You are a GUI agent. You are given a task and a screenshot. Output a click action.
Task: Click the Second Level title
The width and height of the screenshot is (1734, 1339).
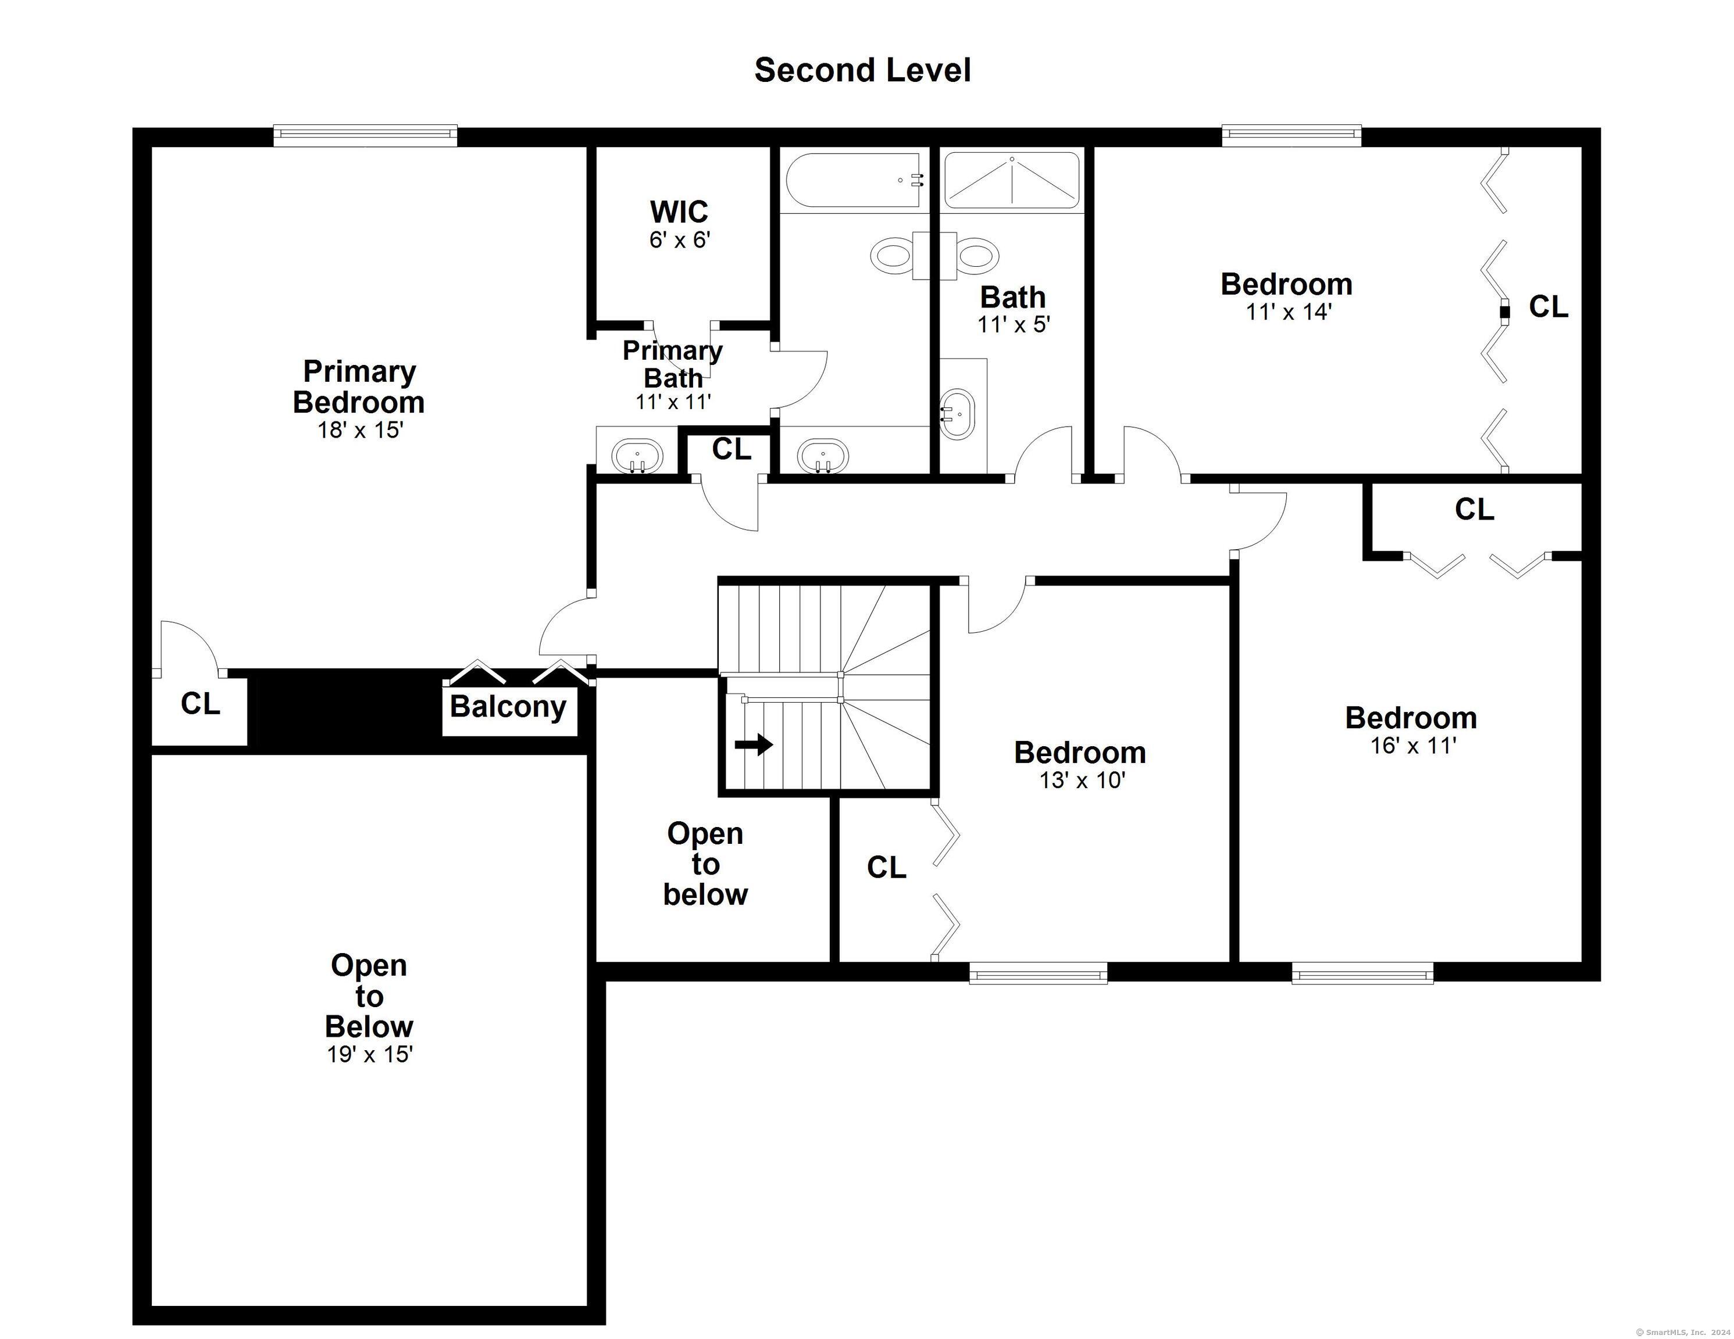click(x=862, y=70)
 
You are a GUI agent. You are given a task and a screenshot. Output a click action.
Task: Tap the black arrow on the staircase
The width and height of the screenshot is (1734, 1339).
click(x=754, y=744)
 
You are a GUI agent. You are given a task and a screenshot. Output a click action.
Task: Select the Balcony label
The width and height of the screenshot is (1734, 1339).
click(x=508, y=707)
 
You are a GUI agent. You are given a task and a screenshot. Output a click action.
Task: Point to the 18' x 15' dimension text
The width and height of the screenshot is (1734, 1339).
click(x=361, y=430)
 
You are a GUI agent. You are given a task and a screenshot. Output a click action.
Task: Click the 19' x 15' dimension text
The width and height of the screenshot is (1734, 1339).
click(x=370, y=1054)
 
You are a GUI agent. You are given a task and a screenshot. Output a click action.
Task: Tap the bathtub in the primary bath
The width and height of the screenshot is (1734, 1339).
click(x=854, y=180)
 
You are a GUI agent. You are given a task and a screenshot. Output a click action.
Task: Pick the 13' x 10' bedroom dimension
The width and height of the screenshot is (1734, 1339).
click(x=1082, y=781)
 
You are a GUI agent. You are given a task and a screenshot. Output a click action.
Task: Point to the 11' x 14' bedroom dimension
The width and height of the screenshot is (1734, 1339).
click(x=1288, y=312)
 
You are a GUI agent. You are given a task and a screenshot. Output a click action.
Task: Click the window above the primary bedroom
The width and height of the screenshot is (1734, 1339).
click(x=365, y=136)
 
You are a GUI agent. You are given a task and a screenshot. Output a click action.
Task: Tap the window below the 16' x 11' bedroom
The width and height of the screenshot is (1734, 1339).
click(x=1362, y=973)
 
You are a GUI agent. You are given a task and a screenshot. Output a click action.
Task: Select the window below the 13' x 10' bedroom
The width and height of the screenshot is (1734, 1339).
click(x=1039, y=973)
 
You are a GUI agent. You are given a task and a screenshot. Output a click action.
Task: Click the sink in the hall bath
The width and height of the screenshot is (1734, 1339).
click(x=957, y=414)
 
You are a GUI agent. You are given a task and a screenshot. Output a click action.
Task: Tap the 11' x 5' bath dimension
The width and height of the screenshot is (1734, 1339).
click(x=1014, y=325)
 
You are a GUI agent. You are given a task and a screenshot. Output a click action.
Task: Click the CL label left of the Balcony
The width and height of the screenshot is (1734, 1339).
click(x=200, y=703)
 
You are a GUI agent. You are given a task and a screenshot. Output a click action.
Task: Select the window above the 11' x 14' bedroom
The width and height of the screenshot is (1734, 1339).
click(x=1291, y=136)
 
